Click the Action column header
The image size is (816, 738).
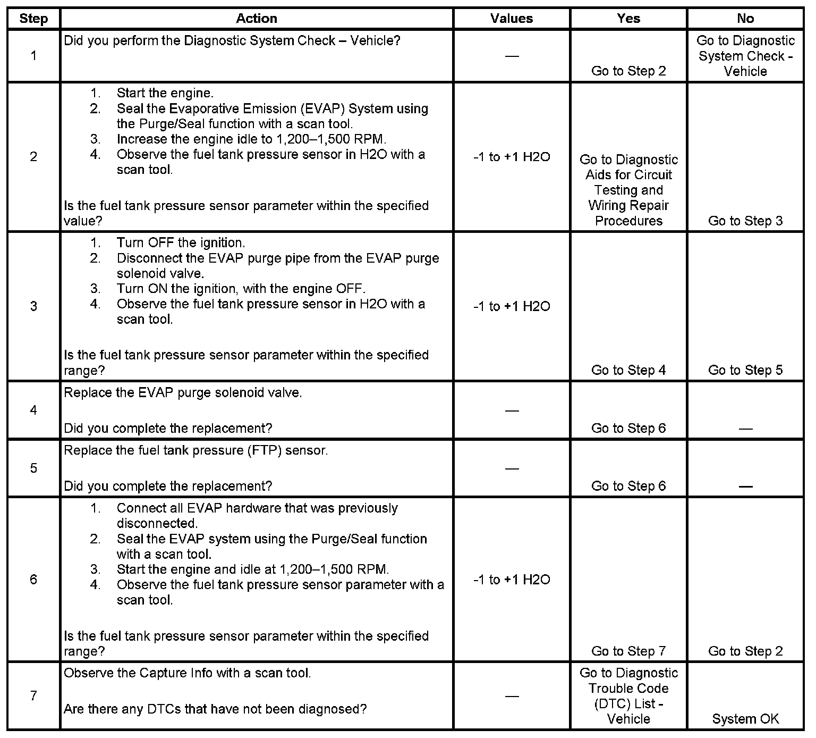pos(257,19)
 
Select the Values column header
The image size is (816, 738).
pos(512,19)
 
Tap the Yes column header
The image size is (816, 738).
pos(628,19)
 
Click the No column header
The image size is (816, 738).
pos(745,19)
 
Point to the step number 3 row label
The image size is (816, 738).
pos(33,306)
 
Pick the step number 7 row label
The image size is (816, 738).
pos(33,695)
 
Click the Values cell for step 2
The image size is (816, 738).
pos(512,157)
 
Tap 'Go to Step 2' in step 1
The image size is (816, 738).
pos(628,71)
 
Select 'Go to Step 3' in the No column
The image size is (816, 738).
pos(745,221)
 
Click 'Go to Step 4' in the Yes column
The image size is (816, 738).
pos(628,370)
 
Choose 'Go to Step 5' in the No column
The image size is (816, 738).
pos(745,370)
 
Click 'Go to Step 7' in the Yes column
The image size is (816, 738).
pos(628,651)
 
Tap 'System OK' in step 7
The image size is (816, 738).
pos(745,719)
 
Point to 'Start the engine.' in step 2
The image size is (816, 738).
pos(165,93)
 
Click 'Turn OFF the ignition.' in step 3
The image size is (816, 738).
pos(181,243)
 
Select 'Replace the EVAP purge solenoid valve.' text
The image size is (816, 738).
pos(183,393)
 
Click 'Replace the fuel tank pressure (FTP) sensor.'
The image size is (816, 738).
pos(195,450)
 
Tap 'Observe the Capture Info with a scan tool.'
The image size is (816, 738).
pos(187,673)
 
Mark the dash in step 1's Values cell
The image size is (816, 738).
pos(512,56)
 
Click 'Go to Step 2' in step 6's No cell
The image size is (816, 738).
pos(745,651)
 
